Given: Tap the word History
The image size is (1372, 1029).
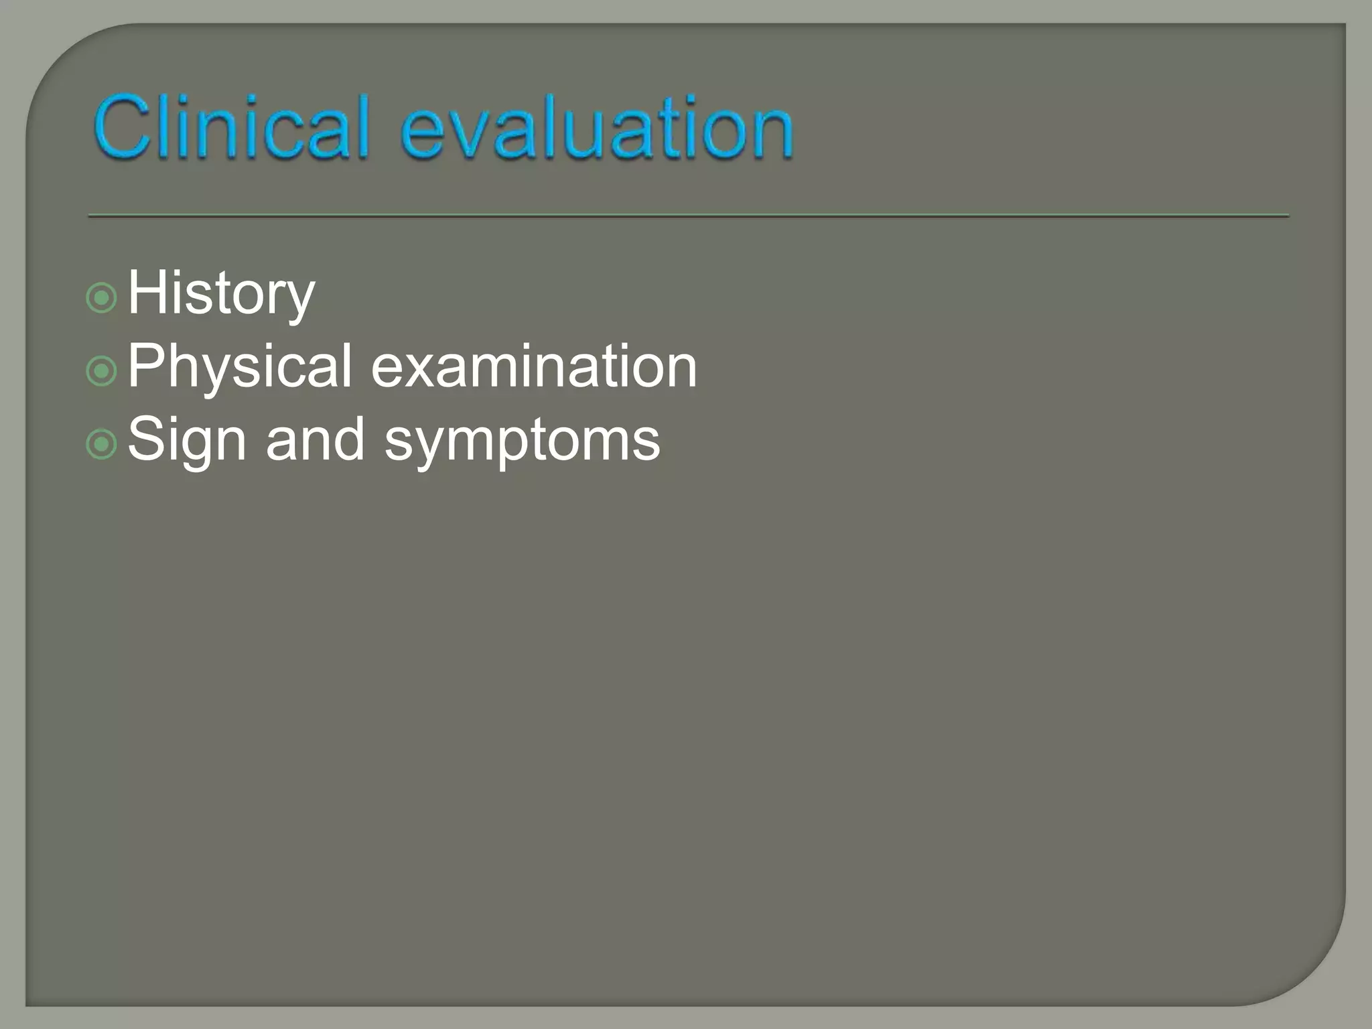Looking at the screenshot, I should pos(221,293).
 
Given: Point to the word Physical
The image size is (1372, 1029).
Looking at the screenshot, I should pos(240,366).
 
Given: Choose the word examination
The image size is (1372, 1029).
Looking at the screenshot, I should pos(534,366).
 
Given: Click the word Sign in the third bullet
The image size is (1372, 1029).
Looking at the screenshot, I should pos(187,440).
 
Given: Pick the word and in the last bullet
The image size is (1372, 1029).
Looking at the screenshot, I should pos(315,440).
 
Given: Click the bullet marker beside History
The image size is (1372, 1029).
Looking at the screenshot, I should pos(102,298).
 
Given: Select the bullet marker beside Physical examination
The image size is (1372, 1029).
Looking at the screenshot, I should pos(102,371).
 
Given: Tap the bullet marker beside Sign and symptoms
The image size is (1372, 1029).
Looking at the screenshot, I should pos(102,444).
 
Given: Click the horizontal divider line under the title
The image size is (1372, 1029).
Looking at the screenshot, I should pos(688,216).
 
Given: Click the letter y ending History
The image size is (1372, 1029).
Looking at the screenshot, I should pos(299,300).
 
